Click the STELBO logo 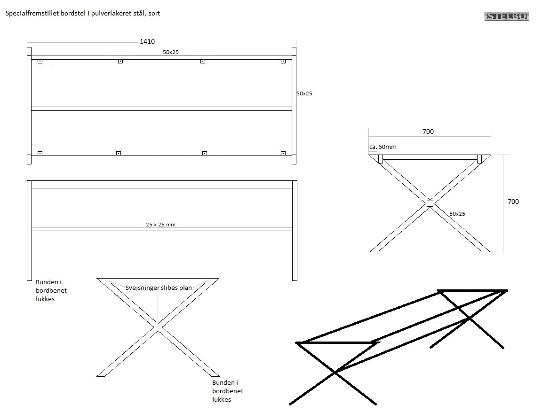506,16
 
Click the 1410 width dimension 147,42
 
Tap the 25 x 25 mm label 160,225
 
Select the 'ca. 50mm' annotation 383,147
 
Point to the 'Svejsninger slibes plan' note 159,288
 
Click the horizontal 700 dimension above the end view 428,132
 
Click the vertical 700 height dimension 513,202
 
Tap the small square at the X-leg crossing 430,203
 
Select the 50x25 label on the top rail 171,52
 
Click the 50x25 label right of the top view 304,93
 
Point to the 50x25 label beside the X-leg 457,214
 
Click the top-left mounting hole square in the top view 40,61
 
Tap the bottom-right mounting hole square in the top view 283,153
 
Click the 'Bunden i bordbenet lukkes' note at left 51,290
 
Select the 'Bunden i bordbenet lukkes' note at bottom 228,391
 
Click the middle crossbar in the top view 161,109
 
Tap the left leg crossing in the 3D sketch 335,372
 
